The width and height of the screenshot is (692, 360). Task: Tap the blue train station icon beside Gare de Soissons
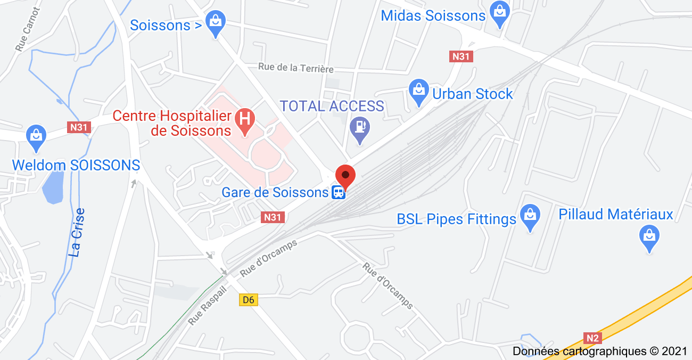338,193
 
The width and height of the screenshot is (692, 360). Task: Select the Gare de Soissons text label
275,192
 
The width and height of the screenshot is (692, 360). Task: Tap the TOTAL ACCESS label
332,106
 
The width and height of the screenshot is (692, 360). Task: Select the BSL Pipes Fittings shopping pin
530,216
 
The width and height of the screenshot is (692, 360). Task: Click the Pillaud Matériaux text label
616,215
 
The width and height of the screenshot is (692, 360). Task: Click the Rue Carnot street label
28,29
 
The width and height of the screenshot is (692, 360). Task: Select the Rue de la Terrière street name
296,68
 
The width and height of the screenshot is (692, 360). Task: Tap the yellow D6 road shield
249,300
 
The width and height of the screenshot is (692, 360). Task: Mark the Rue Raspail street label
207,306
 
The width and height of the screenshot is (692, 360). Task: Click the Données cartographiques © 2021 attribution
600,351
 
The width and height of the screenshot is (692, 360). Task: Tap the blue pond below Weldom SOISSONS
52,187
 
